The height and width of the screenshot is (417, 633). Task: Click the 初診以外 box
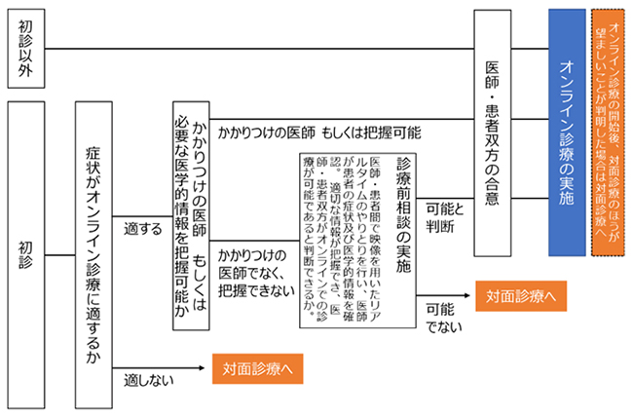coord(23,48)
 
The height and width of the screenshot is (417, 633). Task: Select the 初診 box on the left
coord(23,255)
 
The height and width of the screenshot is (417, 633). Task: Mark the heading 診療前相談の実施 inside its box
coord(404,212)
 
